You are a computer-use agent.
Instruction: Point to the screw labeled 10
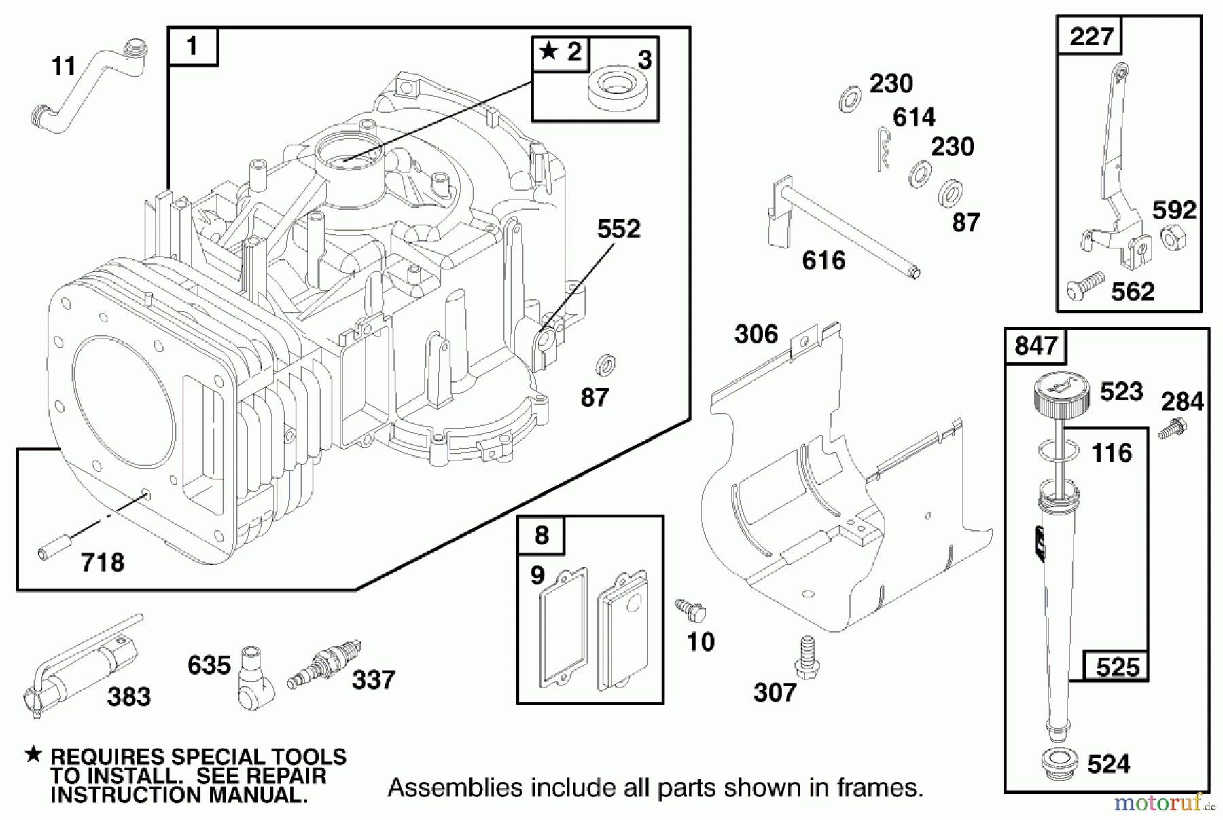click(690, 609)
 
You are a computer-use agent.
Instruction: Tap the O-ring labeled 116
click(1059, 449)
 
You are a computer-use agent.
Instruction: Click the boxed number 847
click(1035, 346)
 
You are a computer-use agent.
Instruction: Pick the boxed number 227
click(1091, 35)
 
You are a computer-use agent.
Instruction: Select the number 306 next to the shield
click(756, 334)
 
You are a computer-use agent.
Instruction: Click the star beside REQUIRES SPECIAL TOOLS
click(33, 754)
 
